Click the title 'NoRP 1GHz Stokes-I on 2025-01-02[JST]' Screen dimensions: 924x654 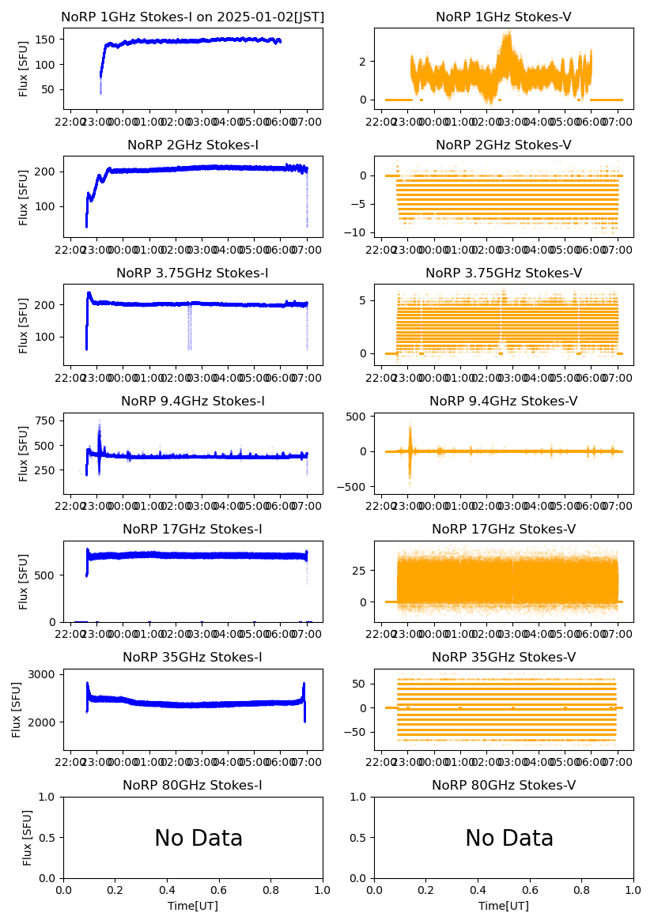tap(192, 17)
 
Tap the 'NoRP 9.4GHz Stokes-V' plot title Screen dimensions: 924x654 tap(504, 402)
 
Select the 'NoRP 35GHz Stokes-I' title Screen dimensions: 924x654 tap(192, 658)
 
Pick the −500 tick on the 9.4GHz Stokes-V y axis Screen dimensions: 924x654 tap(354, 487)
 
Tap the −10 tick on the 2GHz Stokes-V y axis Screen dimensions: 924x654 tap(359, 232)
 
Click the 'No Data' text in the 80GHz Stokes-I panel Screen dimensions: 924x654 tap(198, 839)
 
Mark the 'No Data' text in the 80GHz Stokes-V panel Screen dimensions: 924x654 tap(509, 839)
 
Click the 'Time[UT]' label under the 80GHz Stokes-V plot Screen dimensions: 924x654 tap(504, 906)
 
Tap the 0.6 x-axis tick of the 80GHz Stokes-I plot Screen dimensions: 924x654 tap(219, 889)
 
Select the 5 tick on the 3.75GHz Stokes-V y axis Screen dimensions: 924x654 tap(366, 300)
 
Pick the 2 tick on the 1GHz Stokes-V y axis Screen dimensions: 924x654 tap(366, 61)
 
